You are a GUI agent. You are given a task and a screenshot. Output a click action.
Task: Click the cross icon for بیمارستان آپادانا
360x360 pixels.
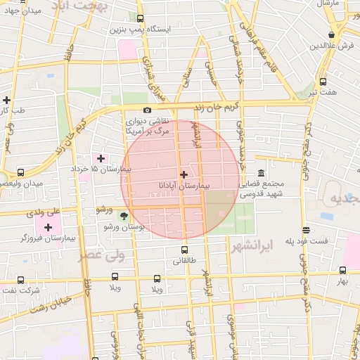184,174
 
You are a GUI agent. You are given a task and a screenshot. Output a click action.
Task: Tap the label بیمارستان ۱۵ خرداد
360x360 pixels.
100,169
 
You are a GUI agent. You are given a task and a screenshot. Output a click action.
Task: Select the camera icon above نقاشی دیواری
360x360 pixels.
147,110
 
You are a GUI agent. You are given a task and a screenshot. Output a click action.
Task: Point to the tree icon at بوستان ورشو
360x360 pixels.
125,216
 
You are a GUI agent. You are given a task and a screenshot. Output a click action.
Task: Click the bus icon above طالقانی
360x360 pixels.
184,250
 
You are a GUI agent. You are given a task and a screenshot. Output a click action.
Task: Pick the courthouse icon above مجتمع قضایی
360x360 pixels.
261,174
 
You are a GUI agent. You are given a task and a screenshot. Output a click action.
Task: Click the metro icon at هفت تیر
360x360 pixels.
323,82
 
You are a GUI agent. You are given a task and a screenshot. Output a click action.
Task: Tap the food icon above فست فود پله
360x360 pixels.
306,230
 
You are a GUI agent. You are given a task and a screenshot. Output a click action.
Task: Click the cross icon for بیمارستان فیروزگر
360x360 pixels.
49,226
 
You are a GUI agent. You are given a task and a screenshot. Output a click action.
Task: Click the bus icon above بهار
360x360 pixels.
342,270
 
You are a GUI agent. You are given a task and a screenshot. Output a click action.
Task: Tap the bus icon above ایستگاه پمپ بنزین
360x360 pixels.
140,19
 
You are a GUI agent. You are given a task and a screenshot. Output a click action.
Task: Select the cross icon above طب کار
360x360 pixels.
6,99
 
